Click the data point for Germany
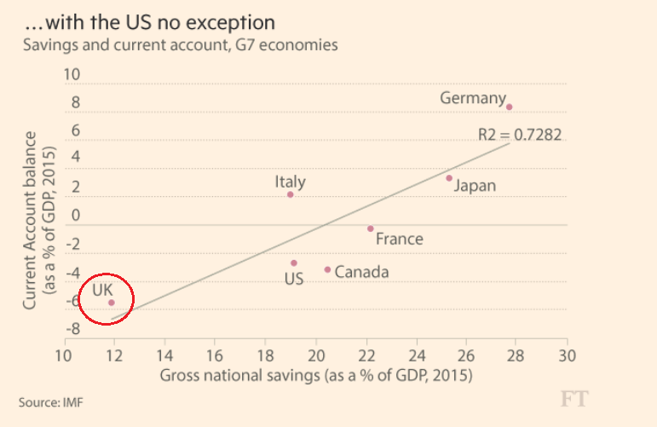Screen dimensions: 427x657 tap(509, 107)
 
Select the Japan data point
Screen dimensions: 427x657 tap(449, 178)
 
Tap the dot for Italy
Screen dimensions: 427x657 tap(290, 194)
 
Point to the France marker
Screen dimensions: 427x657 tap(370, 228)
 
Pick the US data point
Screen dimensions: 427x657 tap(294, 263)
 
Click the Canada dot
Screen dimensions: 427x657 tap(327, 269)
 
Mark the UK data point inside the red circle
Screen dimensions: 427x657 tap(111, 303)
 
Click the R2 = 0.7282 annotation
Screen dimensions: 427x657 tap(519, 134)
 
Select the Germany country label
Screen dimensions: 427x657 tap(472, 98)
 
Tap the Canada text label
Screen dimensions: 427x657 tap(361, 272)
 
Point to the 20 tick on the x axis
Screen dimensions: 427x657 tap(316, 355)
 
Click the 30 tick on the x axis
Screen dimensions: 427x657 tap(568, 355)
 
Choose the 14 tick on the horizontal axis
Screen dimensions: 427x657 tap(164, 355)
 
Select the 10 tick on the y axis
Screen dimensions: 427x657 tap(72, 75)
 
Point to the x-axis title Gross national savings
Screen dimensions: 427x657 tap(316, 375)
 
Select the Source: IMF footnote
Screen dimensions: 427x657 tap(51, 401)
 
